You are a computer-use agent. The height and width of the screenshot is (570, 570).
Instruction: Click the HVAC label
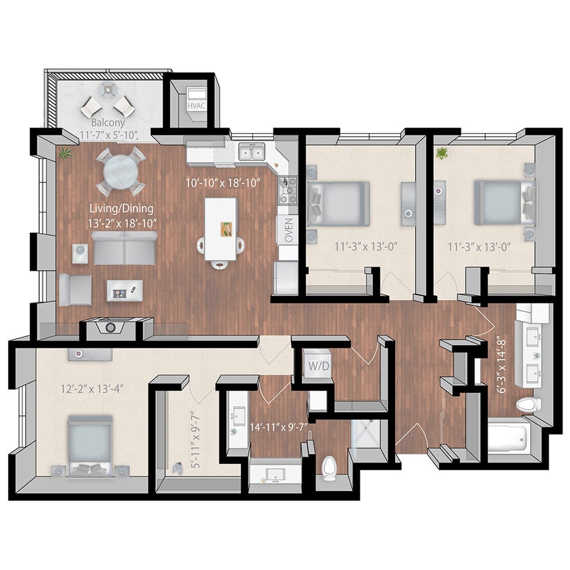coord(197,105)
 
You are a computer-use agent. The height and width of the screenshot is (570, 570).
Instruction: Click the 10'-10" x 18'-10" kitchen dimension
coord(224,182)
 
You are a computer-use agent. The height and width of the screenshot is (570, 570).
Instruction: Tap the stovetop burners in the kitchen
coord(288,190)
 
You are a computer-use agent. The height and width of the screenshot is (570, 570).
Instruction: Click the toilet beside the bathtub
coord(528,405)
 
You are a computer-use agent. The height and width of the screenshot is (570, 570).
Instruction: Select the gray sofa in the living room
coord(124,249)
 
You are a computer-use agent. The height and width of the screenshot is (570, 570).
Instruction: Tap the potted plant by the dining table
coord(66,154)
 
